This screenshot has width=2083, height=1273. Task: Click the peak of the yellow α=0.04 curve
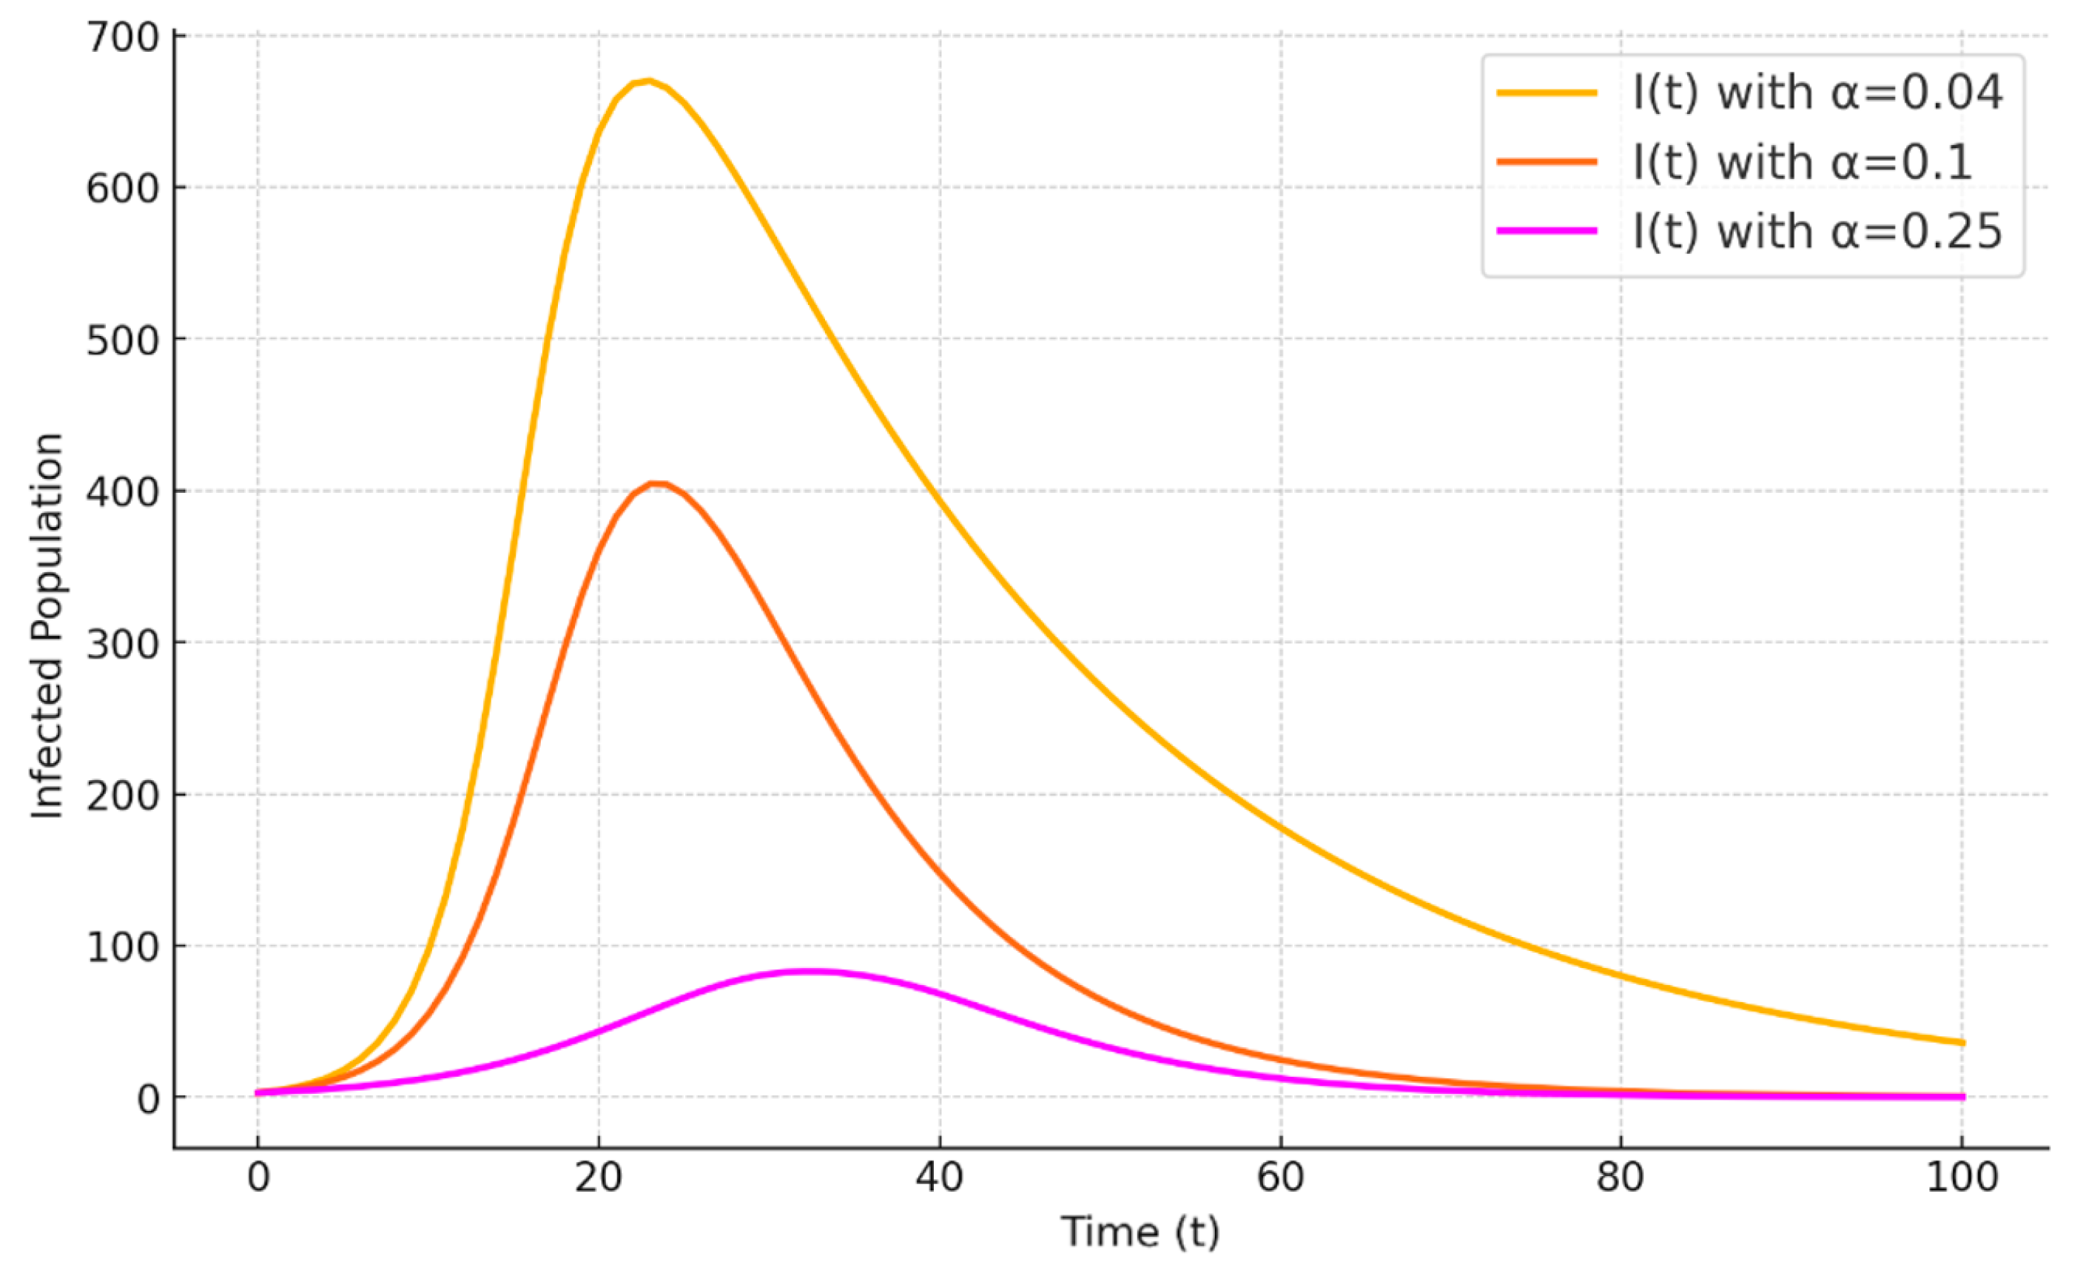pos(648,81)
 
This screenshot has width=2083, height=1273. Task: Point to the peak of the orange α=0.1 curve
pos(657,483)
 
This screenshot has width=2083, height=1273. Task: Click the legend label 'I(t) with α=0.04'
pos(1817,93)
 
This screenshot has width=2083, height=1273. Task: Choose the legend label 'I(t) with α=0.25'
pos(1817,232)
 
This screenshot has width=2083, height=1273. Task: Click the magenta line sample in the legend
pos(1547,231)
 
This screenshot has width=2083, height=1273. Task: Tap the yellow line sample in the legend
pos(1547,93)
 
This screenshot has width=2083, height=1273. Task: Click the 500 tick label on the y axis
pos(124,340)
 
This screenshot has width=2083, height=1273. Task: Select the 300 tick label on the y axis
pos(124,644)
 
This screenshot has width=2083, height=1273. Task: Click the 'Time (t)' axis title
pos(1140,1232)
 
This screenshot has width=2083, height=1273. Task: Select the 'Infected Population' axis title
pos(48,625)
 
